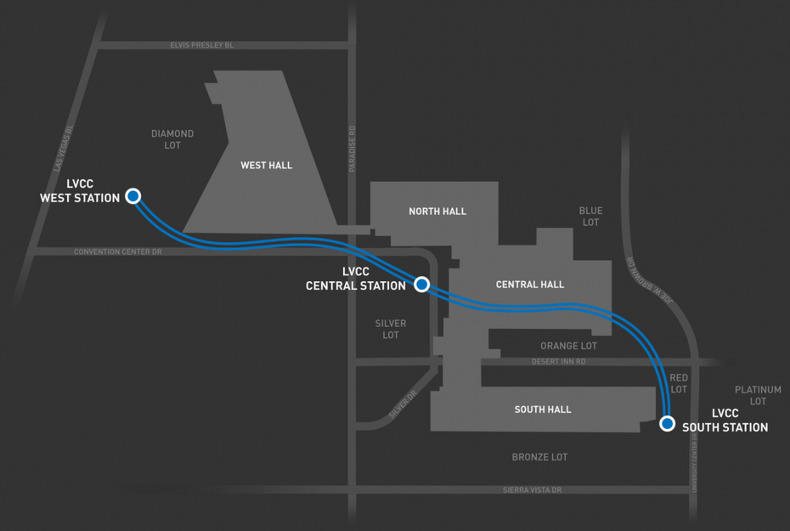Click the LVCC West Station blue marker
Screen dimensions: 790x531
(x=133, y=195)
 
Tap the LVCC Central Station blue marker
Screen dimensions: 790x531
(x=421, y=284)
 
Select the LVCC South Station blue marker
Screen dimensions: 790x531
(x=667, y=423)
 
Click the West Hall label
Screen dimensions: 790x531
(x=266, y=165)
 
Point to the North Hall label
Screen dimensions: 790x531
(x=437, y=211)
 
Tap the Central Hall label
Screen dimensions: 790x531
(x=529, y=285)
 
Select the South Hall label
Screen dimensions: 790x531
(x=543, y=410)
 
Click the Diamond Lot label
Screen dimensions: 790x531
(x=172, y=139)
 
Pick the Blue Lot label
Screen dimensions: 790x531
(x=590, y=216)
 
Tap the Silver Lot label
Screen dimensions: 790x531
(x=391, y=329)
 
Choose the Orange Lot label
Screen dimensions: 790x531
(x=568, y=346)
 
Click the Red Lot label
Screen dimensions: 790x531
(x=679, y=383)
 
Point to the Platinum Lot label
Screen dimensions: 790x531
(x=758, y=395)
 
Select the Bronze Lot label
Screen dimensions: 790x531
(x=539, y=457)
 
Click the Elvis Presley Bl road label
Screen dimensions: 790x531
(x=202, y=45)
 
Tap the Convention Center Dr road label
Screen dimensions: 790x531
(x=118, y=251)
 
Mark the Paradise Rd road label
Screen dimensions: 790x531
(x=352, y=149)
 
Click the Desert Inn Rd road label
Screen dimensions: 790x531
(x=559, y=362)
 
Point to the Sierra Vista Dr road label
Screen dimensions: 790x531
(x=532, y=489)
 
